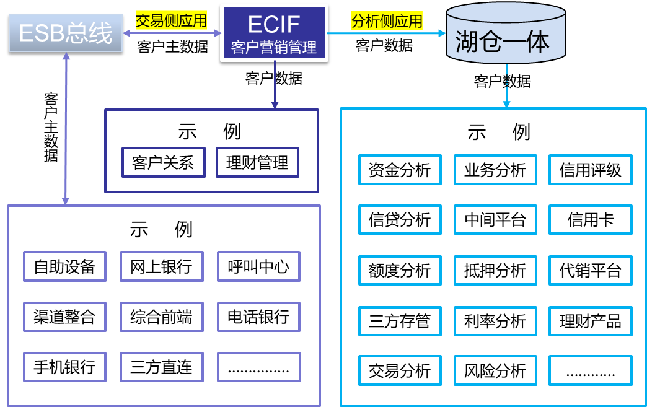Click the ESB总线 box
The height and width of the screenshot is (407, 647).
pos(66,33)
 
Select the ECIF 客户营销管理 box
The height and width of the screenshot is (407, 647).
pos(274,33)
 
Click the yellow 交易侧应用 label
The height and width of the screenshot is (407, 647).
pos(171,20)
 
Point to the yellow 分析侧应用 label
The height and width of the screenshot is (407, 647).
pos(387,20)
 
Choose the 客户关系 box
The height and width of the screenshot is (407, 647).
pos(163,162)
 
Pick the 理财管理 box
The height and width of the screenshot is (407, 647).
pos(257,162)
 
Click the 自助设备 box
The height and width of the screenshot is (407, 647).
pos(64,267)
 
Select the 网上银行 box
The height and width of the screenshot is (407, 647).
pos(161,267)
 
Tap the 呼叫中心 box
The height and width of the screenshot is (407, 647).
pos(258,267)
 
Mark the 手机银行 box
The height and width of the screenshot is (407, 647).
pos(64,367)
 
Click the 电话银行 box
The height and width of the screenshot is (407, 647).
pos(258,317)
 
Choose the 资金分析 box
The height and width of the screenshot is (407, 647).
pos(400,170)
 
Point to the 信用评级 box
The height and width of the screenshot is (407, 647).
pos(590,170)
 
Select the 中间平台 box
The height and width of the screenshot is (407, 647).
pos(495,219)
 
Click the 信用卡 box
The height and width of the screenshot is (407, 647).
pos(590,219)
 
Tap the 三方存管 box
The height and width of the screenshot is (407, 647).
pos(400,321)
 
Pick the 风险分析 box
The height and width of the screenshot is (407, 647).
pos(495,370)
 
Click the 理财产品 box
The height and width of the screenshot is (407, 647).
pos(590,321)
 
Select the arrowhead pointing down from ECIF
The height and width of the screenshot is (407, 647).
pos(275,105)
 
